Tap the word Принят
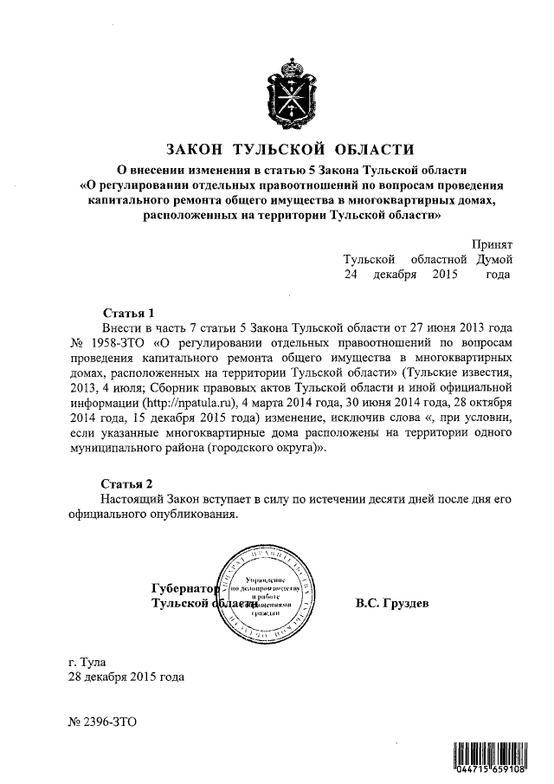click(493, 244)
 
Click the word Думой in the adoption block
click(493, 259)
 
